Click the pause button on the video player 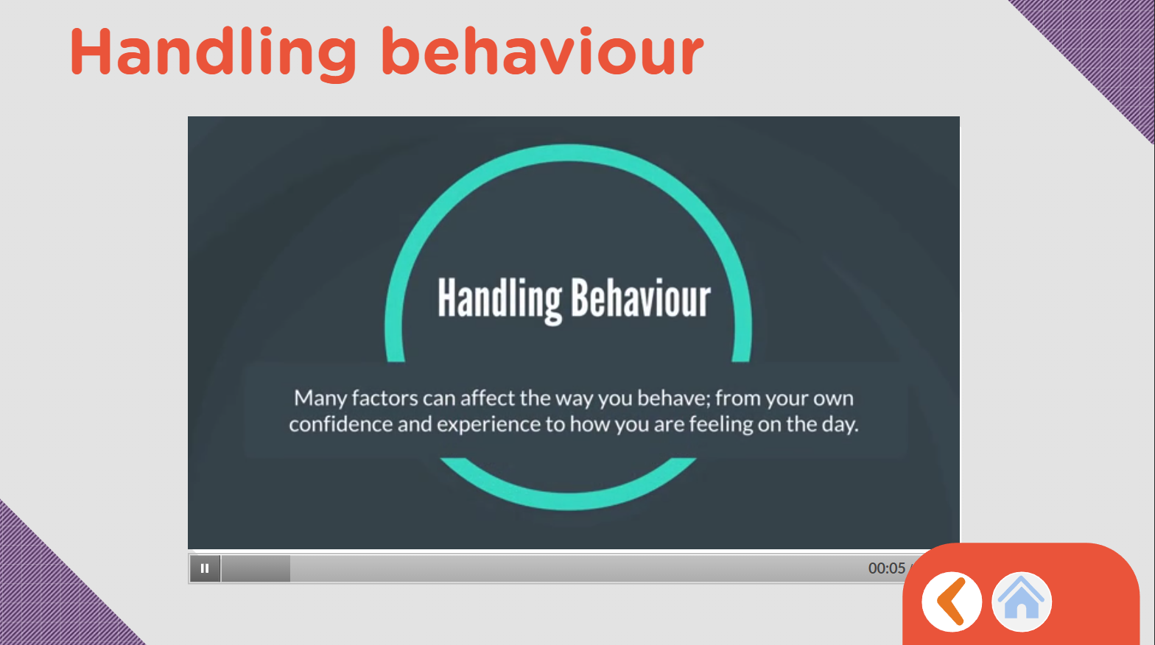[x=205, y=568]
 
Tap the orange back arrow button [x=952, y=602]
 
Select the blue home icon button [x=1022, y=602]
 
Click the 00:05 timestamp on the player [x=886, y=568]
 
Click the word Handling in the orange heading [x=213, y=52]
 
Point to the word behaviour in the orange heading [x=542, y=51]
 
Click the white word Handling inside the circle [x=499, y=300]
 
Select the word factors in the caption [x=385, y=398]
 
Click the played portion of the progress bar [x=256, y=568]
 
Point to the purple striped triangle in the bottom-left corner [x=46, y=598]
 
